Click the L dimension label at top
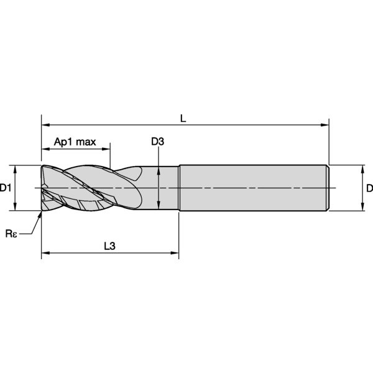[x=183, y=118]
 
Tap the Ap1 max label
[x=75, y=142]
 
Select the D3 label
[x=158, y=142]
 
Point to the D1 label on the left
[x=5, y=188]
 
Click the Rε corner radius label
[x=11, y=234]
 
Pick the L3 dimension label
[x=109, y=246]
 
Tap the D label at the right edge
[x=369, y=188]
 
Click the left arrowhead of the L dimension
[x=45, y=125]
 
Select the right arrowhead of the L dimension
[x=325, y=125]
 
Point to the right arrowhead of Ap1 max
[x=106, y=149]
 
